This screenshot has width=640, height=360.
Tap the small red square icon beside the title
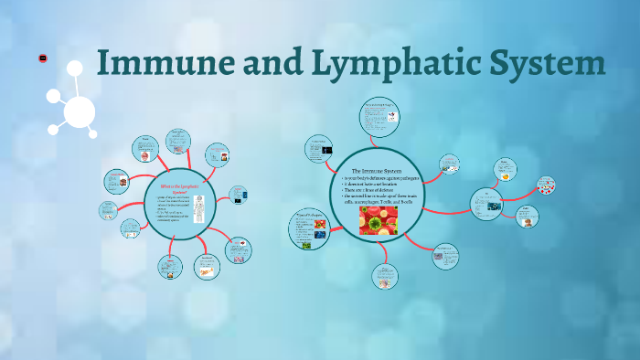coord(43,58)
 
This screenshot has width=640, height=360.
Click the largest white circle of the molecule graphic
coord(80,112)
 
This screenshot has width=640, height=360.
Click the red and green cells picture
coord(378,220)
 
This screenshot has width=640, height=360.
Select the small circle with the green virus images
coord(308,229)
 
